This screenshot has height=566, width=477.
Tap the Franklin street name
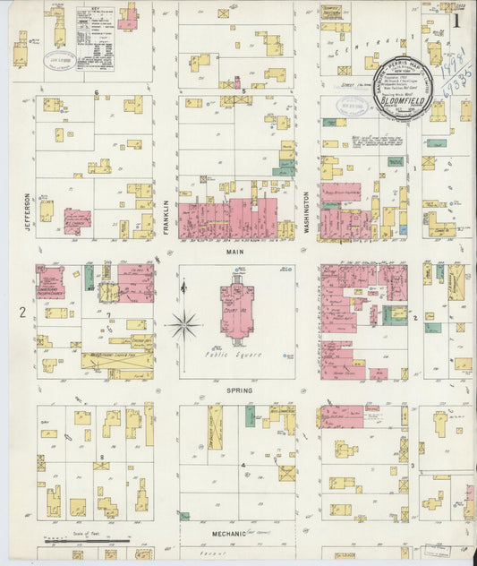pos(166,216)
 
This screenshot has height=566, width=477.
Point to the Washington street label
pos(307,212)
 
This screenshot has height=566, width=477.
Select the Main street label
pos(237,253)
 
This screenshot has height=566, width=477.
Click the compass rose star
pos(184,324)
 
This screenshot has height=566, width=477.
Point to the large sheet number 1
pos(456,20)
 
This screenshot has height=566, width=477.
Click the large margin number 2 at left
pos(21,312)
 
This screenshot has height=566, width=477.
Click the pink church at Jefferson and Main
pos(50,282)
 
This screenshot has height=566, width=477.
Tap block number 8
pos(104,458)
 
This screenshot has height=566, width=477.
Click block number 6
pos(95,92)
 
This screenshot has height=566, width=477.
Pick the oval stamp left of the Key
pos(59,60)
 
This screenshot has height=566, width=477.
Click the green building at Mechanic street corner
pos(184,516)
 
